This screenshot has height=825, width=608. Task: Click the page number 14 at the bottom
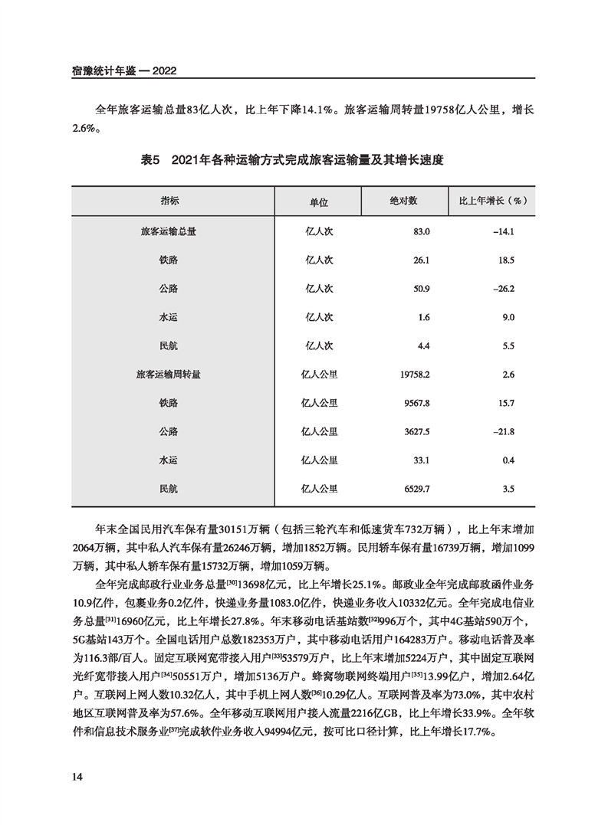tap(77, 777)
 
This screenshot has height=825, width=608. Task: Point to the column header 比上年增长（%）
tap(491, 201)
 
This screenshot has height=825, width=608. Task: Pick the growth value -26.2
tap(502, 290)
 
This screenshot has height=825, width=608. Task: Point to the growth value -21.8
tap(502, 432)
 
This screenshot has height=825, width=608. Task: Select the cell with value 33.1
tap(422, 460)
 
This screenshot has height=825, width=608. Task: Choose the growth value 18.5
tap(505, 260)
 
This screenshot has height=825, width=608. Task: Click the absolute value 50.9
tap(422, 290)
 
